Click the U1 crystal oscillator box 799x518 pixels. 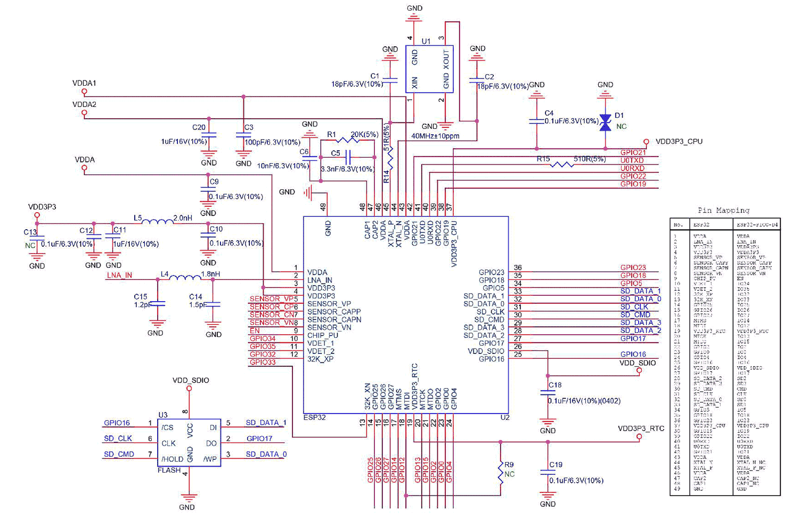tap(429, 69)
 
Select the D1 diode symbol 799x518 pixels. tap(605, 123)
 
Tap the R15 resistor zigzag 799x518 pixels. tap(561, 164)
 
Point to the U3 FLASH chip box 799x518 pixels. tap(189, 442)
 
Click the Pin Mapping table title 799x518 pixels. tap(723, 210)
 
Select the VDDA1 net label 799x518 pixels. tap(84, 84)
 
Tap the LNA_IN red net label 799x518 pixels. tap(119, 276)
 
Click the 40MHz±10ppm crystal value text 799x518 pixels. tap(435, 136)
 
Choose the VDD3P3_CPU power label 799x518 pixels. tap(679, 142)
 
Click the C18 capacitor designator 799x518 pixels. tap(555, 385)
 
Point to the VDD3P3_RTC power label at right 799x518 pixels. tap(641, 428)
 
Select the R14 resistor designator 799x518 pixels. tap(386, 176)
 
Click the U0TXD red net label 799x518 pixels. tap(632, 160)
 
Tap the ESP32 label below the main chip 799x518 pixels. tap(314, 417)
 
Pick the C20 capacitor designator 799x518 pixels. tap(199, 127)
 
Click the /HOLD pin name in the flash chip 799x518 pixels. tap(172, 459)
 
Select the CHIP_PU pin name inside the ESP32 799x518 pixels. tap(323, 336)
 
